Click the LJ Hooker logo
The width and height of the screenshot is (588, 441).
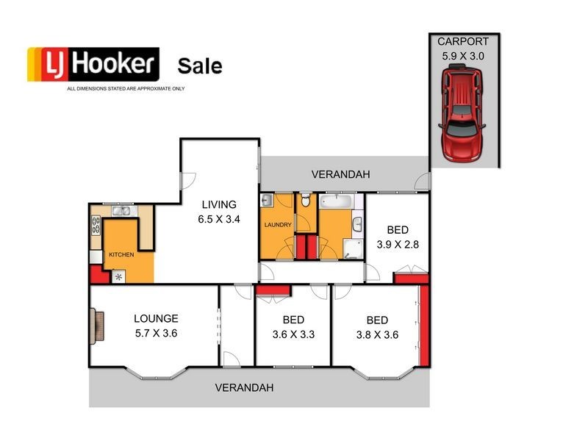pos(93,64)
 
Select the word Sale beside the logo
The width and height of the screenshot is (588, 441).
pos(200,65)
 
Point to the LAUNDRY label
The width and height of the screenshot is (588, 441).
pos(277,225)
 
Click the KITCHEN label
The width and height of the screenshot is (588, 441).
pos(121,254)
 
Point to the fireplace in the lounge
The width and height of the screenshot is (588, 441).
pos(96,326)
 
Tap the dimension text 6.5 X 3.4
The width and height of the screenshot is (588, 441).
pos(220,219)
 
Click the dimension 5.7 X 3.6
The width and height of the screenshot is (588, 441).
pos(155,333)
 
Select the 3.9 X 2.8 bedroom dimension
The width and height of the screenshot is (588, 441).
pos(397,244)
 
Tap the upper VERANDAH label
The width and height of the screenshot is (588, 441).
pos(340,174)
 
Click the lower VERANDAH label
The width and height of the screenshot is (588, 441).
pos(244,387)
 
